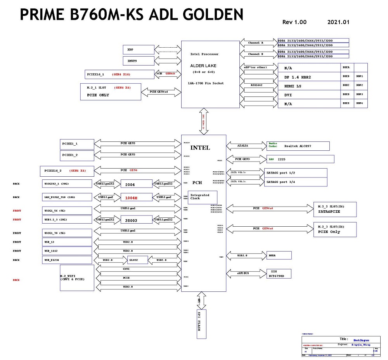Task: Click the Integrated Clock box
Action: pos(202,197)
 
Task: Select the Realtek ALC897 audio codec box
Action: pos(298,146)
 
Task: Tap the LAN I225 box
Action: pos(300,159)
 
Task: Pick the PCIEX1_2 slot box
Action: pos(77,155)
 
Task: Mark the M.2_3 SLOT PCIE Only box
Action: pos(334,229)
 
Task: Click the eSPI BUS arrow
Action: pos(246,273)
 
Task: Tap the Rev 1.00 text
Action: pos(294,22)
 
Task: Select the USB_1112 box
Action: pos(67,251)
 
